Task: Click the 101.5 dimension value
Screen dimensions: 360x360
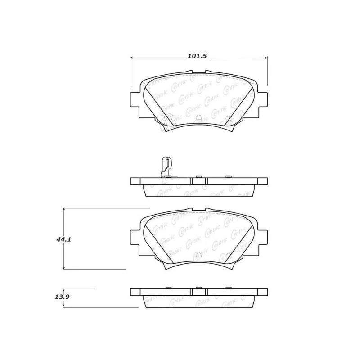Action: pyautogui.click(x=197, y=56)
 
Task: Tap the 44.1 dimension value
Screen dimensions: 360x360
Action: pyautogui.click(x=64, y=240)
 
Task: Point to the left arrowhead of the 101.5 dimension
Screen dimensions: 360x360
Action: pyautogui.click(x=132, y=58)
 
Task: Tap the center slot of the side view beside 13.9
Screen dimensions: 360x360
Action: pyautogui.click(x=199, y=292)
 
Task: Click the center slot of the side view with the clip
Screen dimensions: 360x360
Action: pyautogui.click(x=199, y=181)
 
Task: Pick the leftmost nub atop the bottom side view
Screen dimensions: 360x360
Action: pyautogui.click(x=169, y=288)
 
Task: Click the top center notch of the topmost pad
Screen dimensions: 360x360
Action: pyautogui.click(x=199, y=72)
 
